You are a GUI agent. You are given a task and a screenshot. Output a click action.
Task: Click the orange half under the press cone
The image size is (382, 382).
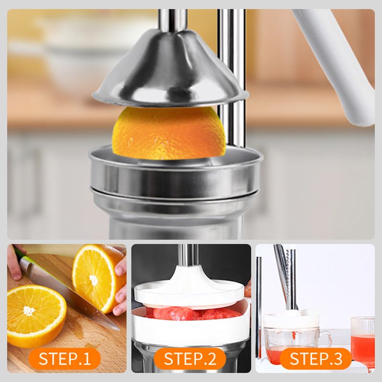click(x=169, y=134)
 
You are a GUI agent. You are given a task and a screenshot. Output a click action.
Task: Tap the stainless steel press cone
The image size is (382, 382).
click(x=170, y=71)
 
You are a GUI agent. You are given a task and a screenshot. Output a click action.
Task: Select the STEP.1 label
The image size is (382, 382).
click(x=64, y=359)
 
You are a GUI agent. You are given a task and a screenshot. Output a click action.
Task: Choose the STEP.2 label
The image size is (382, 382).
click(x=190, y=359)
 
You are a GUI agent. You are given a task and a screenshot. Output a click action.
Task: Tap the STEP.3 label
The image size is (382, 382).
click(x=316, y=359)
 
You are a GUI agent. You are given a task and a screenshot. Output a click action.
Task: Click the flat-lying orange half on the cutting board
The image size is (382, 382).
click(x=37, y=316)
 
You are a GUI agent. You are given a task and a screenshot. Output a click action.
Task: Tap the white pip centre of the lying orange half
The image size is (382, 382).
click(x=29, y=311)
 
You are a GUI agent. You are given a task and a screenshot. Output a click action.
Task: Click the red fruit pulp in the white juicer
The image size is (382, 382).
click(x=192, y=313)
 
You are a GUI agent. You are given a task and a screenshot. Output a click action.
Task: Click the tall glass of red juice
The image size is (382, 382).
click(x=362, y=341)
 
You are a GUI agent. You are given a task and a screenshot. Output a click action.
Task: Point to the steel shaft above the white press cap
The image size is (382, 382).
click(x=188, y=255)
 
